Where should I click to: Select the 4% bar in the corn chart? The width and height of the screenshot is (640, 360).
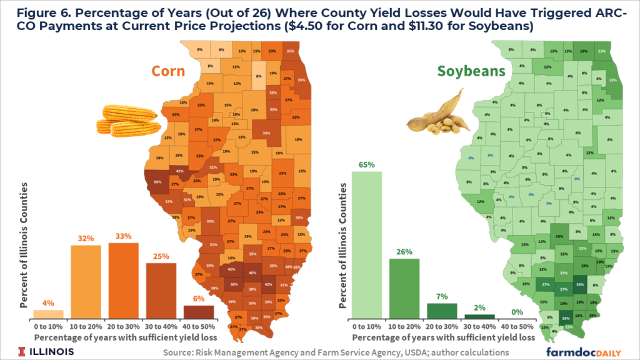pyautogui.click(x=48, y=314)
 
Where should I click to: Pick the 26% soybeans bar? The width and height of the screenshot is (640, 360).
pyautogui.click(x=405, y=287)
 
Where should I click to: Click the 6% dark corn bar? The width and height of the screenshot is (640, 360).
pyautogui.click(x=198, y=311)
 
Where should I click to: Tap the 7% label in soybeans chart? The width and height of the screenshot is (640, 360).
pyautogui.click(x=442, y=297)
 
